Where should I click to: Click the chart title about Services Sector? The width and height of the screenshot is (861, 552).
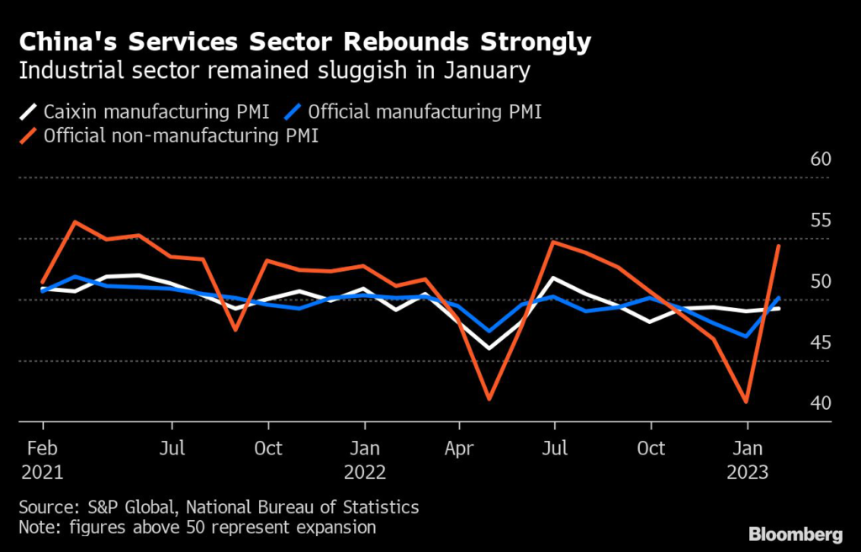click(x=304, y=42)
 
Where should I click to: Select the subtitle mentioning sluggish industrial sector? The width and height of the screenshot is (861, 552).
click(x=274, y=70)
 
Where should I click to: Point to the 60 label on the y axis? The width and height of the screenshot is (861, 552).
click(x=819, y=160)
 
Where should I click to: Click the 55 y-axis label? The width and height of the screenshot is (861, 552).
click(x=819, y=220)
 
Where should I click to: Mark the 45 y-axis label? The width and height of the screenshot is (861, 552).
click(x=819, y=342)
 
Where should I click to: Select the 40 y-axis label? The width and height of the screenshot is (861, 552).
click(x=819, y=404)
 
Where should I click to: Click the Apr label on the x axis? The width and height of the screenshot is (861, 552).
click(x=459, y=448)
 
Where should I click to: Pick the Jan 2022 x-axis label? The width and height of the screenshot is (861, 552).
click(x=364, y=459)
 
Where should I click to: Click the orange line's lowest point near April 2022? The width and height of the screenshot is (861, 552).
click(x=489, y=398)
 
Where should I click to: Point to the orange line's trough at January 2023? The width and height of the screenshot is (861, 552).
click(x=747, y=401)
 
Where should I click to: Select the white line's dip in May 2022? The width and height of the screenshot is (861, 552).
click(x=489, y=348)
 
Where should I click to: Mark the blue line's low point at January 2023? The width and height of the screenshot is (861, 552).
click(x=747, y=336)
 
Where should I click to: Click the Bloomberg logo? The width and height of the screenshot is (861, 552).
click(x=795, y=534)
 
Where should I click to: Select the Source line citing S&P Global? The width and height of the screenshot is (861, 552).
click(x=219, y=507)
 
